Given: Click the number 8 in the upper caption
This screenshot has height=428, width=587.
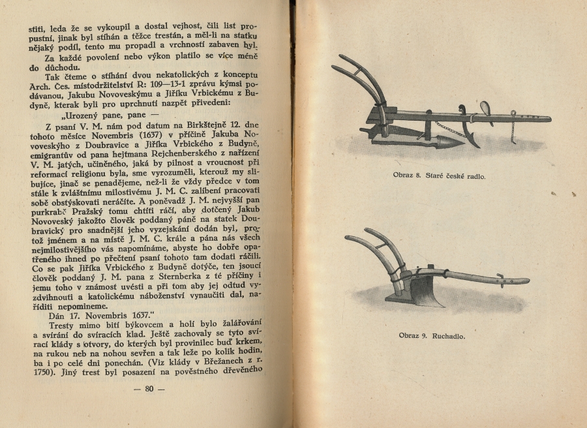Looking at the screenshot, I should pyautogui.click(x=425, y=176).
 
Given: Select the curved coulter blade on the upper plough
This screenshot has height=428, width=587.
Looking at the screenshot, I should pyautogui.click(x=470, y=134).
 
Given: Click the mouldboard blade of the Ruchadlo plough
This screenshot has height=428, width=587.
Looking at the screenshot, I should pyautogui.click(x=425, y=291).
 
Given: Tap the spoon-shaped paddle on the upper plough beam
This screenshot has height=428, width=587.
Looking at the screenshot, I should pyautogui.click(x=486, y=108).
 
